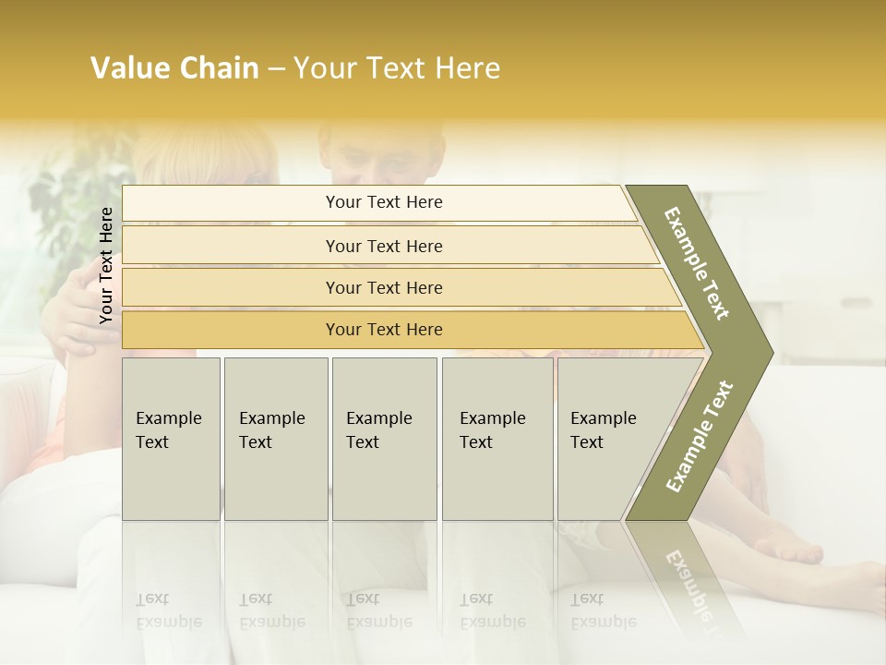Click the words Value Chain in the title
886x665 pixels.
[174, 68]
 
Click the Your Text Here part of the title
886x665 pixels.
[397, 68]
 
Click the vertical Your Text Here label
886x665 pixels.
[106, 265]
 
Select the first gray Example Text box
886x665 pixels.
[171, 438]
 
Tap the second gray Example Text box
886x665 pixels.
[275, 438]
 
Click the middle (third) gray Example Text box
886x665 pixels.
[383, 438]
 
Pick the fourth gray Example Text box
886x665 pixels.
[497, 438]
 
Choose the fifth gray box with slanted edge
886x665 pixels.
[609, 438]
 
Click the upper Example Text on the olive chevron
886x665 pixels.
[697, 263]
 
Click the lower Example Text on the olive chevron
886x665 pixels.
[700, 436]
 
